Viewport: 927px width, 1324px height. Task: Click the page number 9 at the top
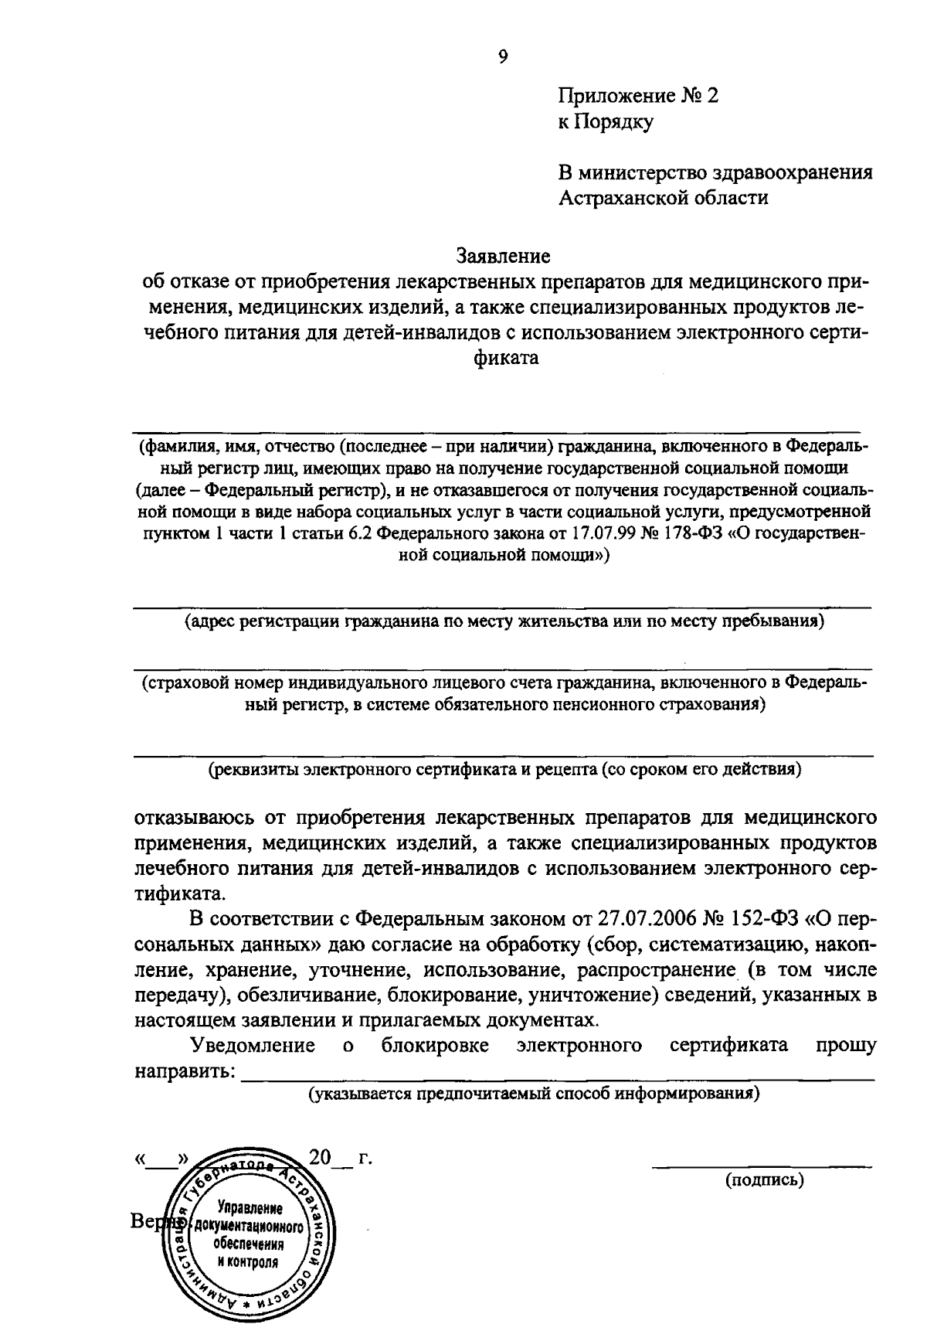click(503, 56)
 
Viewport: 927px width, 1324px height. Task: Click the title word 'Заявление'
click(503, 255)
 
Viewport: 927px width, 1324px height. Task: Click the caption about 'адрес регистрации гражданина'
click(503, 623)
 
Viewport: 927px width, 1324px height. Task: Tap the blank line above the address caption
click(503, 608)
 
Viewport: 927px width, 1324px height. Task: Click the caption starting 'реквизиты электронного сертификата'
click(506, 770)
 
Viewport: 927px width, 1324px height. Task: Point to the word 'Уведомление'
click(253, 1046)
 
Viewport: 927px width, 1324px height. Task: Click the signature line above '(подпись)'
click(762, 1165)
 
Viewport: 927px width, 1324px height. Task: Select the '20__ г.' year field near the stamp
click(340, 1157)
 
